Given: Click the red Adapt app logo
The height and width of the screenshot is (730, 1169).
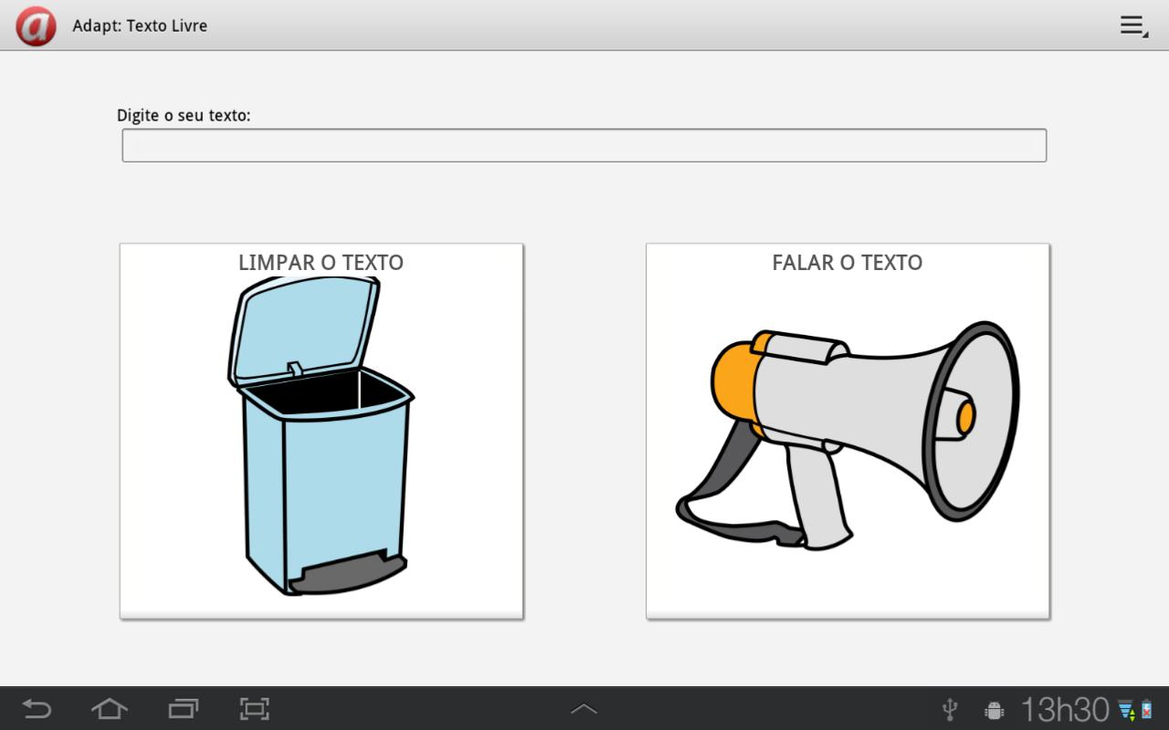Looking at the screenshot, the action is click(36, 26).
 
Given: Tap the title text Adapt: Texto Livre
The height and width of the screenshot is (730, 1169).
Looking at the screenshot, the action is click(140, 26).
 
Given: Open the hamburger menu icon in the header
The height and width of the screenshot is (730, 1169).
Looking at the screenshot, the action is click(1133, 26).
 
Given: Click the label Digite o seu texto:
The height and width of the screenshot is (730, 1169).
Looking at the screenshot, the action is click(184, 115).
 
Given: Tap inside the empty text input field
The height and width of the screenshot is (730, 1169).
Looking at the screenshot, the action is click(584, 145).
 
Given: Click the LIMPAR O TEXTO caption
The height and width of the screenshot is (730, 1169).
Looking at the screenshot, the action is click(321, 262).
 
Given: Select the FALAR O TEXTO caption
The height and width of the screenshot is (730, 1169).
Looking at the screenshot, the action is click(848, 262).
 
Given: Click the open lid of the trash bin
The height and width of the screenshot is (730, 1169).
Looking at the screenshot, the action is click(304, 328).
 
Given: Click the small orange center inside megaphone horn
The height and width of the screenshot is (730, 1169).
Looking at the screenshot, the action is click(965, 417).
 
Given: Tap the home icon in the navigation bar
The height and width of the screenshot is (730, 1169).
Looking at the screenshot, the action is click(109, 709).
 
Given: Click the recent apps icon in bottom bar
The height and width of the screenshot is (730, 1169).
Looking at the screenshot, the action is click(184, 709).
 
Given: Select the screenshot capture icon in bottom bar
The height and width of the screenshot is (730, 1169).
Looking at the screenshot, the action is click(255, 709).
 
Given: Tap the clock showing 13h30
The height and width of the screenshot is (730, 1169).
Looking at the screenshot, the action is click(1065, 710).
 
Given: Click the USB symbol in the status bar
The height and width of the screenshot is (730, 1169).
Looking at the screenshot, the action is click(950, 710).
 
